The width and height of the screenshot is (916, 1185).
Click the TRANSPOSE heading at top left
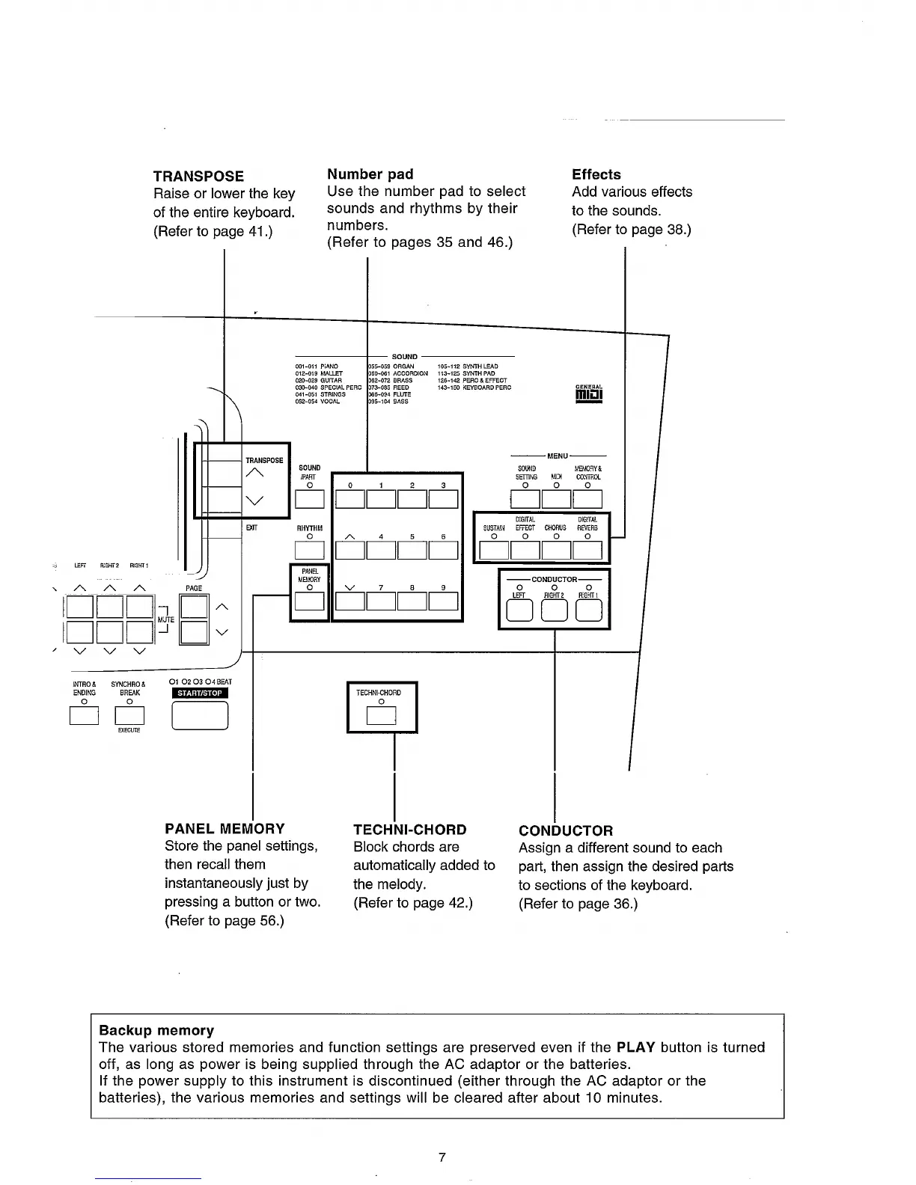198,177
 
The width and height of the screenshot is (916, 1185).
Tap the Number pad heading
370,174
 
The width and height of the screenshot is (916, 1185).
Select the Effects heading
596,174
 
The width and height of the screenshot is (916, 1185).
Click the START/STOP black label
200,693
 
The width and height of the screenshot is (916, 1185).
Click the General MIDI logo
590,393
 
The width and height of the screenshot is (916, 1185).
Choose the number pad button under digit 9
443,601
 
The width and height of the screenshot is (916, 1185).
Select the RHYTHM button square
309,551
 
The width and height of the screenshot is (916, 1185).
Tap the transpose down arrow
254,500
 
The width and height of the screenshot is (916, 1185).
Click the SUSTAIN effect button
494,551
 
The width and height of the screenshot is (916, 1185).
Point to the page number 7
442,1157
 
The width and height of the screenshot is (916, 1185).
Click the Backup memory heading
156,1030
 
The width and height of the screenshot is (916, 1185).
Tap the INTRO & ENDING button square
84,716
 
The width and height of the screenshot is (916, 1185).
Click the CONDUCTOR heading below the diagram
565,830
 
